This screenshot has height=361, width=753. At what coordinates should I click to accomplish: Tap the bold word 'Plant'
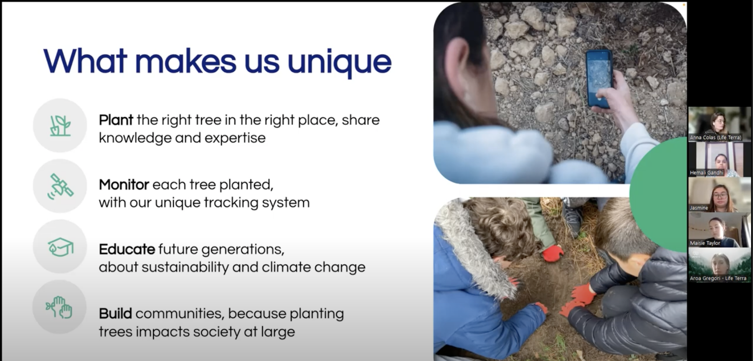(116, 120)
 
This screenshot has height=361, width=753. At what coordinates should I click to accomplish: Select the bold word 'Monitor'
(124, 185)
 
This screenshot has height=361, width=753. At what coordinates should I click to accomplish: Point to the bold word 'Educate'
(127, 249)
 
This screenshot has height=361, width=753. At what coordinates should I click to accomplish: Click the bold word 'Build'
(115, 313)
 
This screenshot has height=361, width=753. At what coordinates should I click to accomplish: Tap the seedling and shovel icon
(60, 126)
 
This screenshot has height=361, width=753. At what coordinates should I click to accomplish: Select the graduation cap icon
(60, 247)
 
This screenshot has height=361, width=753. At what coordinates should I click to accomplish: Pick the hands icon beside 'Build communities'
(59, 307)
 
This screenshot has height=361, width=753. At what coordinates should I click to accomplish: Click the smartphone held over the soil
(598, 78)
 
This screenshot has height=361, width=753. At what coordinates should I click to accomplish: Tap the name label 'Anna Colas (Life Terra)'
(715, 137)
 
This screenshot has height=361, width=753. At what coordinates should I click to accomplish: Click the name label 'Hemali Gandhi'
(707, 173)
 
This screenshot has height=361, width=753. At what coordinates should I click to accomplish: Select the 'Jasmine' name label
(699, 208)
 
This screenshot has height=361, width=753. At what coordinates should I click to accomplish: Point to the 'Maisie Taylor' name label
(705, 243)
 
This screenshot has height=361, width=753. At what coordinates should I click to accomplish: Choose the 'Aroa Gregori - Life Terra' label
(718, 278)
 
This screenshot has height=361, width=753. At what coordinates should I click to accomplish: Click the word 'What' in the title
(85, 61)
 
